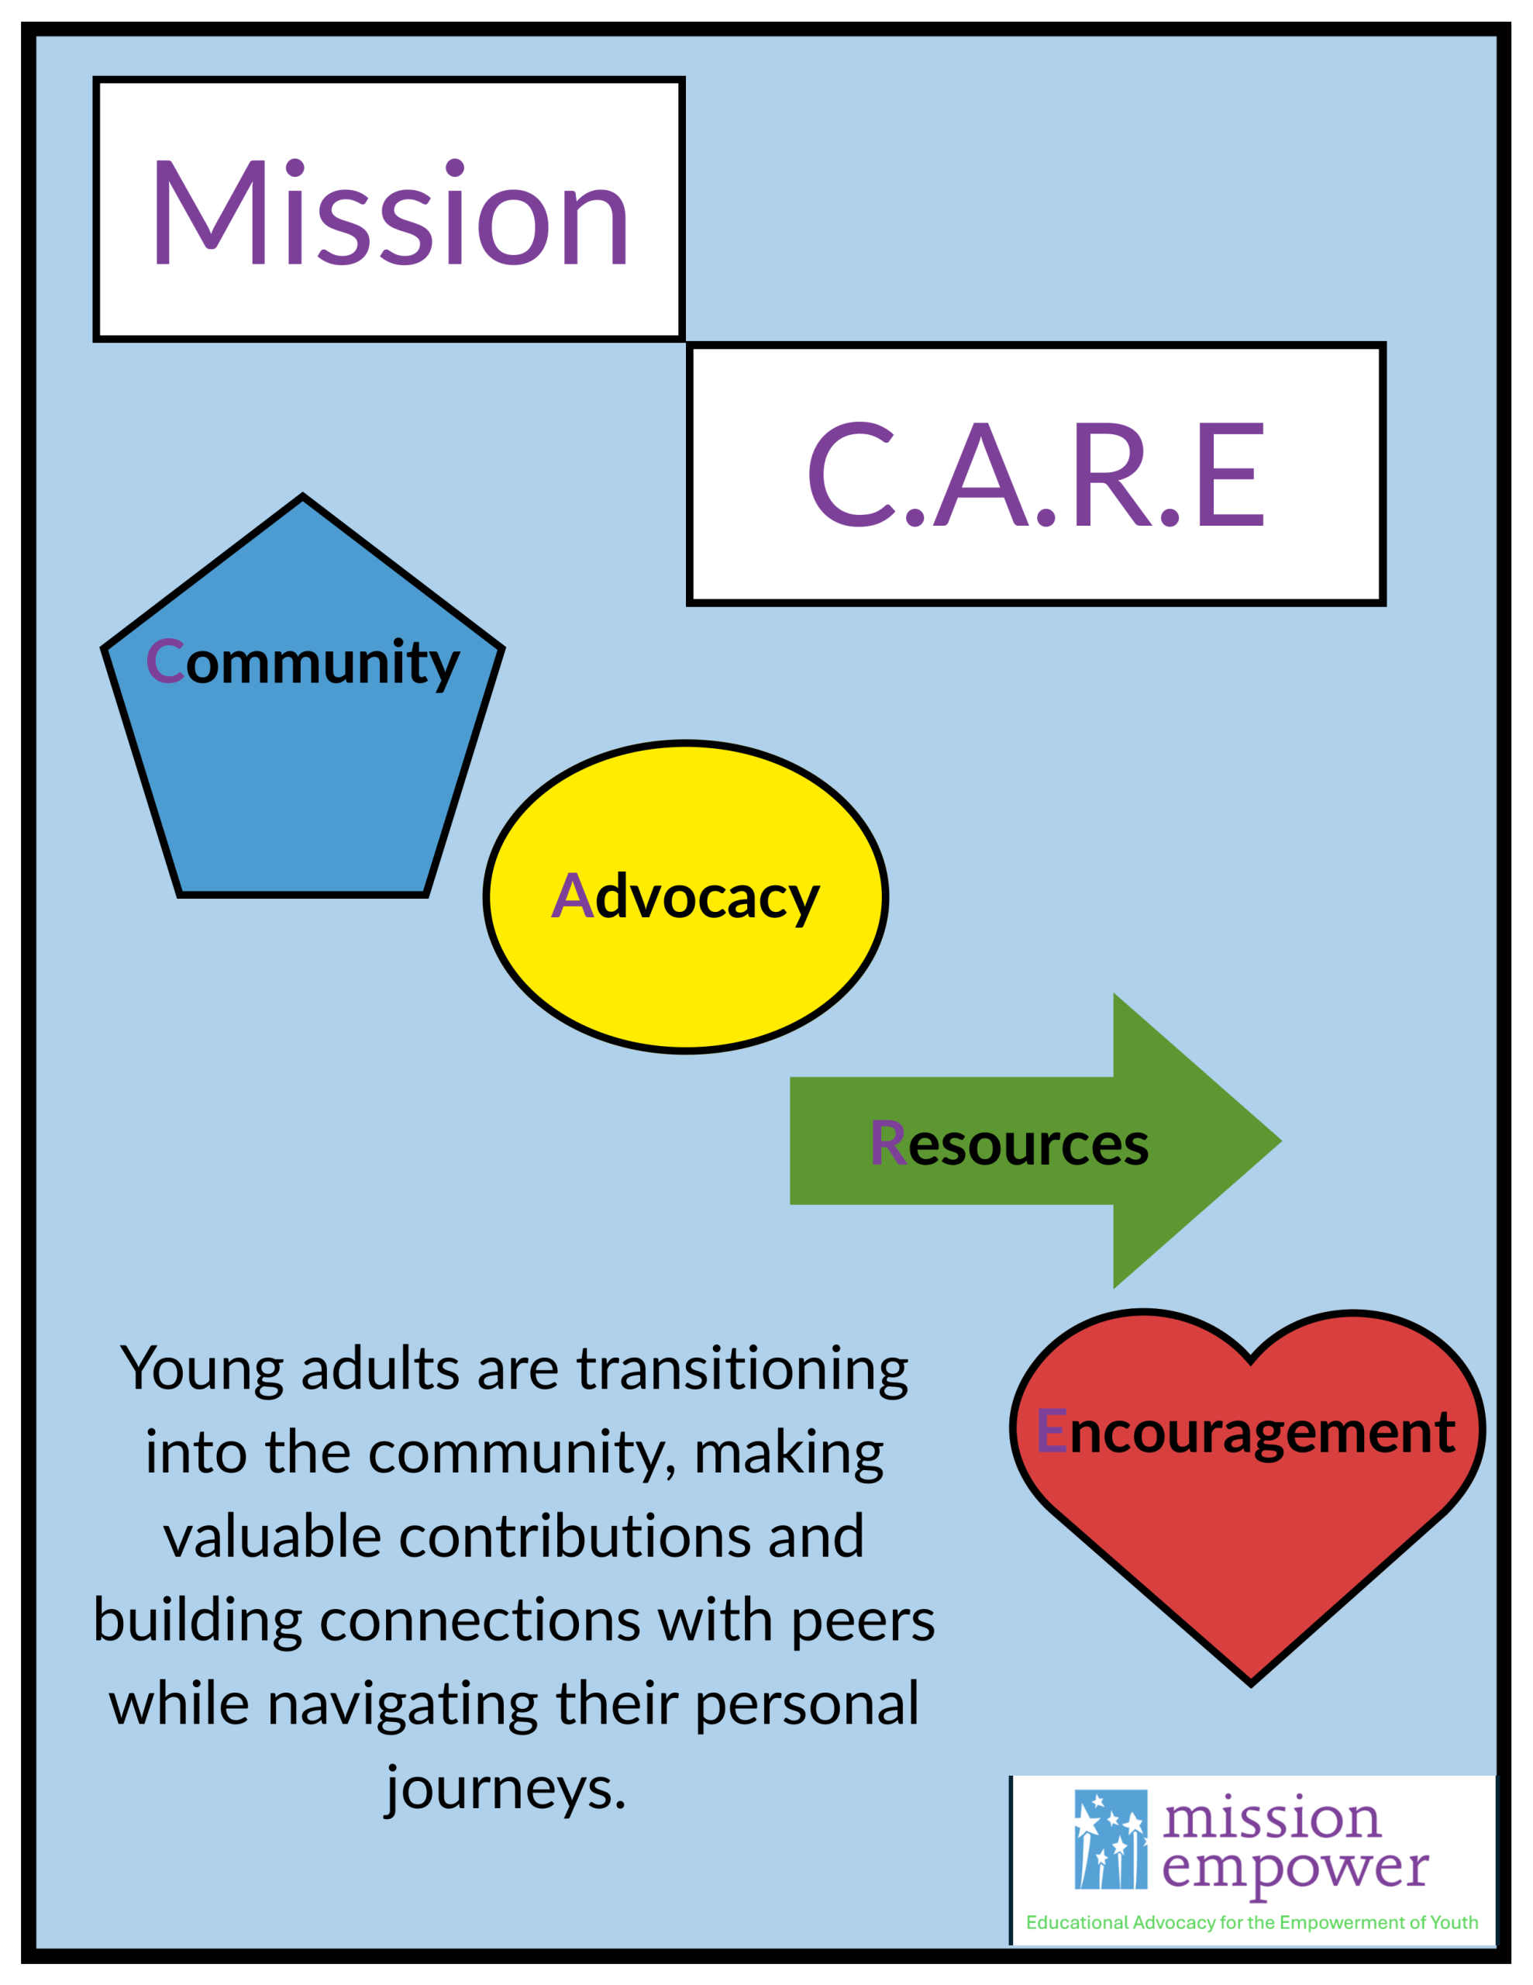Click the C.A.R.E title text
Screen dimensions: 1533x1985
pyautogui.click(x=1036, y=475)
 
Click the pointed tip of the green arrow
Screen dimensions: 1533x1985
pyautogui.click(x=1280, y=1141)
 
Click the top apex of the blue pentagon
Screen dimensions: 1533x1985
pyautogui.click(x=302, y=496)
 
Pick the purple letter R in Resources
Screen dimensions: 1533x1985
pyautogui.click(x=888, y=1141)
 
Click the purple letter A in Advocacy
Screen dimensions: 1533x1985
pyautogui.click(x=573, y=896)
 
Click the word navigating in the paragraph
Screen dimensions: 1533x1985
pyautogui.click(x=402, y=1704)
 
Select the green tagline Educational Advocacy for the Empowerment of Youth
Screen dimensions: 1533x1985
pyautogui.click(x=1252, y=1921)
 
